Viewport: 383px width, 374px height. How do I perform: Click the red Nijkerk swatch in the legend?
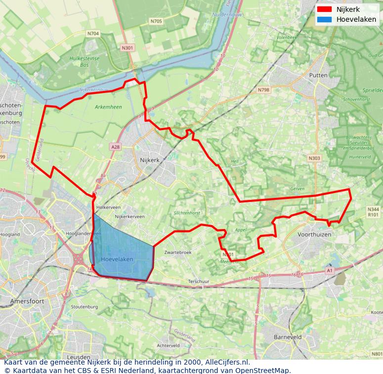click(324, 9)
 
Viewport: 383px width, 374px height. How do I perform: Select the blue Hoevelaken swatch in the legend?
click(324, 19)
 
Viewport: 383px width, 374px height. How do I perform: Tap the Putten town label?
click(318, 75)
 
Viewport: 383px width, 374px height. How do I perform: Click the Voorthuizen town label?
click(314, 234)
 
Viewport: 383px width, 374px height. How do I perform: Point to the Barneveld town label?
click(288, 337)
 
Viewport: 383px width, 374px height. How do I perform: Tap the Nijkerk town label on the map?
click(150, 160)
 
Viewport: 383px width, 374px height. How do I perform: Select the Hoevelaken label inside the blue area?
click(117, 259)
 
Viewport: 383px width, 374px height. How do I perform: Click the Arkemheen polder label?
click(108, 107)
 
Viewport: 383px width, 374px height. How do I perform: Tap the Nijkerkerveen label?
click(129, 217)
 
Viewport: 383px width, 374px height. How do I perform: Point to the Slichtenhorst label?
click(187, 213)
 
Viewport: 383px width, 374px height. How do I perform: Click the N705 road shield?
click(156, 21)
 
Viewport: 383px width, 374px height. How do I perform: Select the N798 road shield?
click(263, 90)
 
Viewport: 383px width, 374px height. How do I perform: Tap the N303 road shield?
click(314, 158)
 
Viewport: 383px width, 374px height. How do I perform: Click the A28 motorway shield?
click(116, 147)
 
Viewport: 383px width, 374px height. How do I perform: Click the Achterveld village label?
click(168, 345)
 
